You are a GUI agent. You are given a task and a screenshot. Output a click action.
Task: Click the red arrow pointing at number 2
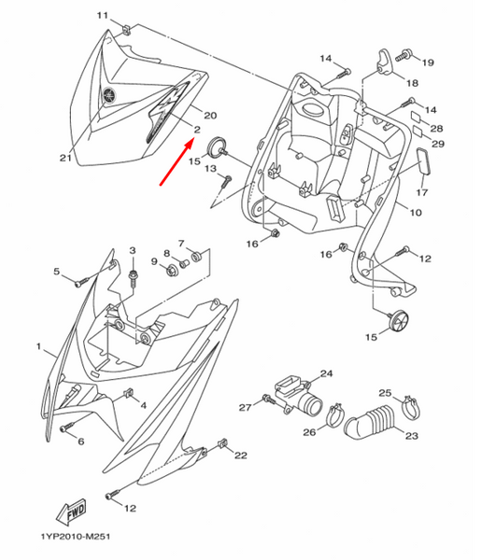click(x=177, y=162)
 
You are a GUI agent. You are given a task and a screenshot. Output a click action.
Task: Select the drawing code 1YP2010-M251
click(x=76, y=537)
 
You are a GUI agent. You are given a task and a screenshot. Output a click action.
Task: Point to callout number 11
click(x=102, y=15)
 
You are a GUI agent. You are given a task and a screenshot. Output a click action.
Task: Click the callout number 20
click(x=210, y=115)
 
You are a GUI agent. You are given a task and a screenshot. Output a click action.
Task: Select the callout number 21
click(x=65, y=158)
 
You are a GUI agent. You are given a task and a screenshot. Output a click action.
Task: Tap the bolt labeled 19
click(x=403, y=56)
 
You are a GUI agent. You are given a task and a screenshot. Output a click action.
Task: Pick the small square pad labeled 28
click(x=417, y=118)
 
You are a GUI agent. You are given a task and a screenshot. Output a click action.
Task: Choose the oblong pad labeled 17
click(x=424, y=161)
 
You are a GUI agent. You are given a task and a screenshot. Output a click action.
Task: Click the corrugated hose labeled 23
click(x=372, y=422)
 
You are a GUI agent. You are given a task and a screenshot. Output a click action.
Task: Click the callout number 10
click(x=416, y=213)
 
